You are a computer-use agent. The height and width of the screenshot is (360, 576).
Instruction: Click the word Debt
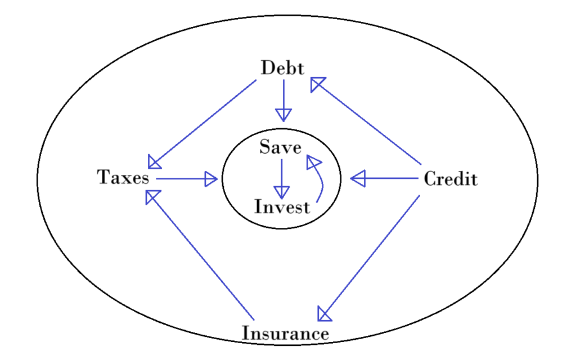(x=282, y=69)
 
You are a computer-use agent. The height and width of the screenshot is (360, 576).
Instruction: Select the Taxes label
(x=124, y=178)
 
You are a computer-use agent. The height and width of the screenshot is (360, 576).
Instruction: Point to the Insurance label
(x=285, y=333)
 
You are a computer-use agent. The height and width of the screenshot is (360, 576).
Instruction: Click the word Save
(x=280, y=147)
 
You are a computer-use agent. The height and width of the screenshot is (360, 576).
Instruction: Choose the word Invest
(x=282, y=207)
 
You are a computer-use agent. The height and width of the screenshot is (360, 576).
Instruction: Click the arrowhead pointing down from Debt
(x=283, y=115)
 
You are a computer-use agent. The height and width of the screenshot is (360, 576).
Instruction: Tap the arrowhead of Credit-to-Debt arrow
(x=317, y=84)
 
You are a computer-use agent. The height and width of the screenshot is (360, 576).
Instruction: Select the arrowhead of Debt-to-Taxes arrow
(x=154, y=163)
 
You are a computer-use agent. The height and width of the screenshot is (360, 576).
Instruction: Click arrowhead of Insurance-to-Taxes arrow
(x=152, y=196)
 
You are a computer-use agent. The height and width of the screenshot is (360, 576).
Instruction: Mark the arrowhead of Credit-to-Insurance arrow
(x=323, y=313)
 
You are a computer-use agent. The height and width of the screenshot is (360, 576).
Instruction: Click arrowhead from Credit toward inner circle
(x=358, y=179)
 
